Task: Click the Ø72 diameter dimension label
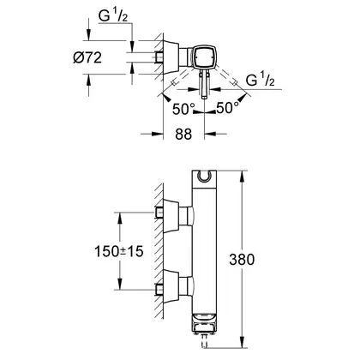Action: coord(87,58)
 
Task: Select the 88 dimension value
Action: coord(183,135)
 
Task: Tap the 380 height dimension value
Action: coord(242,260)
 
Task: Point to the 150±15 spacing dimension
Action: coord(119,251)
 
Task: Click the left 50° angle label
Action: coord(183,109)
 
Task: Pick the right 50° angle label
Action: coord(227,108)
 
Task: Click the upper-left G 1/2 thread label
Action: coord(113,15)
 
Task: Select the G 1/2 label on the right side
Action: coord(260,80)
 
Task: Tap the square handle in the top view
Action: coord(204,57)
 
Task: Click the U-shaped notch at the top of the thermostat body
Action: coord(204,177)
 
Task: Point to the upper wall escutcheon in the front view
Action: coord(171,216)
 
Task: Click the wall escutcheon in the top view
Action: coord(171,57)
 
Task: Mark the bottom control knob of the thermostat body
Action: coord(204,323)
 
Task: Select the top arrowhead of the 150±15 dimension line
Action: coord(120,218)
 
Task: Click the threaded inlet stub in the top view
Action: coord(159,57)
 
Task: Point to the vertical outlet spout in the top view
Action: coord(204,85)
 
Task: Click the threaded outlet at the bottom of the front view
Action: coord(204,340)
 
